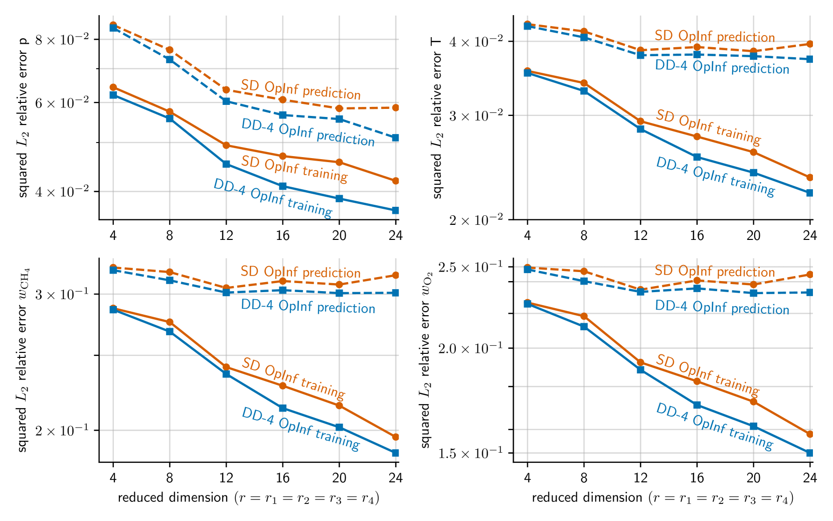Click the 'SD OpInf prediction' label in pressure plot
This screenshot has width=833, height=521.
pos(300,89)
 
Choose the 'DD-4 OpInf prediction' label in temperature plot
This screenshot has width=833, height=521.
pos(722,67)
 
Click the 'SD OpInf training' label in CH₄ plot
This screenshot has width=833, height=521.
pos(293,377)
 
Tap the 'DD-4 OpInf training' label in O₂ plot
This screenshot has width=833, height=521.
pos(715,426)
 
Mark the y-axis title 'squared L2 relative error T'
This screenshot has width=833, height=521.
pos(437,118)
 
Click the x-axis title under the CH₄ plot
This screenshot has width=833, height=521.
pos(249,498)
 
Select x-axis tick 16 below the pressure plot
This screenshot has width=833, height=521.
pos(282,235)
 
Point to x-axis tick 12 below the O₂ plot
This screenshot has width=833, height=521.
pos(640,477)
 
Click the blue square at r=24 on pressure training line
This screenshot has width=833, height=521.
pos(395,210)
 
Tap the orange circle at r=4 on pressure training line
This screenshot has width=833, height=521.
pos(113,87)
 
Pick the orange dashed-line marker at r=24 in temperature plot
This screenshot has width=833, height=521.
pos(809,44)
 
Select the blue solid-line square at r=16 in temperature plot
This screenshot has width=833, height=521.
pos(697,157)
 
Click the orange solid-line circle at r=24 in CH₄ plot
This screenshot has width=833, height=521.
pos(395,437)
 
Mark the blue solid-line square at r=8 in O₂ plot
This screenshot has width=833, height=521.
pos(584,327)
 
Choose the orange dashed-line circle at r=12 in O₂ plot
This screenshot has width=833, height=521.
pos(640,290)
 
